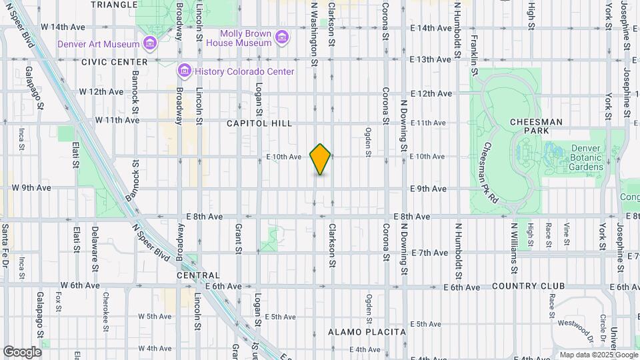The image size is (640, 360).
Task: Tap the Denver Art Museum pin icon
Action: (x=150, y=45)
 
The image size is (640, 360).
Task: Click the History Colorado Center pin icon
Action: (x=184, y=71)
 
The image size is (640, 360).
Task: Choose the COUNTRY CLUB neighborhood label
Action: (x=529, y=286)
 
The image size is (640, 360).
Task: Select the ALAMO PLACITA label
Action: (x=367, y=331)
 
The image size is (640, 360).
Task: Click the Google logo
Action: (x=22, y=351)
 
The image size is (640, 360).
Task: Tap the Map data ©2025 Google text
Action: (x=599, y=355)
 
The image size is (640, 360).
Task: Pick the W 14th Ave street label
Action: (x=63, y=27)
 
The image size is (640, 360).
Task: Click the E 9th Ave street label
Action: (x=429, y=189)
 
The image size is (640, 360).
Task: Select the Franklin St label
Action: (x=475, y=50)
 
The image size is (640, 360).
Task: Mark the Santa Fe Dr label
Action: (x=5, y=243)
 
